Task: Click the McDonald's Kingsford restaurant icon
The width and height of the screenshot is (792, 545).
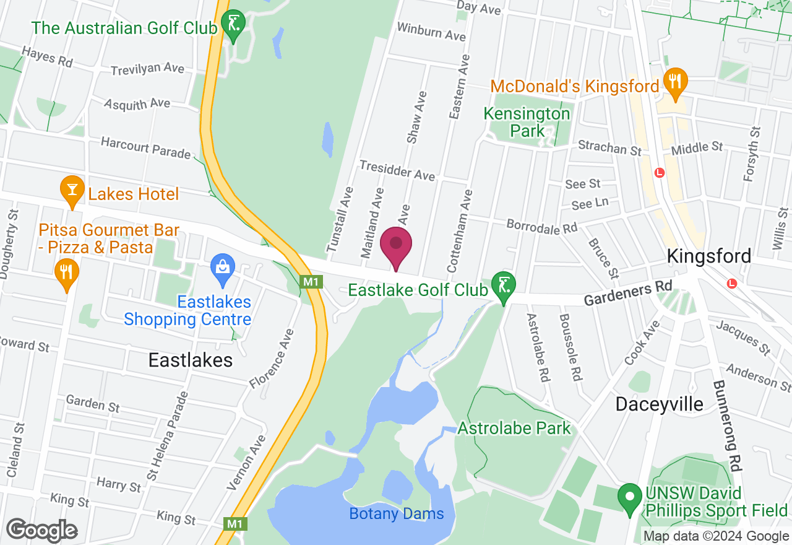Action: coord(675,81)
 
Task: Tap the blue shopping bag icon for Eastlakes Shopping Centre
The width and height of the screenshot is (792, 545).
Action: coord(222,268)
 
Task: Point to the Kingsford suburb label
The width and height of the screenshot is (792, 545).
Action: coord(709,256)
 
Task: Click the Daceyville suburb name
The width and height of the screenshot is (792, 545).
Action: coord(660,404)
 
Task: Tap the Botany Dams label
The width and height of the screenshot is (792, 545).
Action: coord(397,513)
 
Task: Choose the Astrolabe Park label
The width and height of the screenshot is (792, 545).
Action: coord(514,428)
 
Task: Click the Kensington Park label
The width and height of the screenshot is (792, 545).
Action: coord(527,122)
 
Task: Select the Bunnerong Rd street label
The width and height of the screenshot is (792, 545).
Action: coord(727,425)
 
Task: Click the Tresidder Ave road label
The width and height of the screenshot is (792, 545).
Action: coord(397,170)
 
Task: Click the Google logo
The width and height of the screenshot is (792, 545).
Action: coord(41,530)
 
